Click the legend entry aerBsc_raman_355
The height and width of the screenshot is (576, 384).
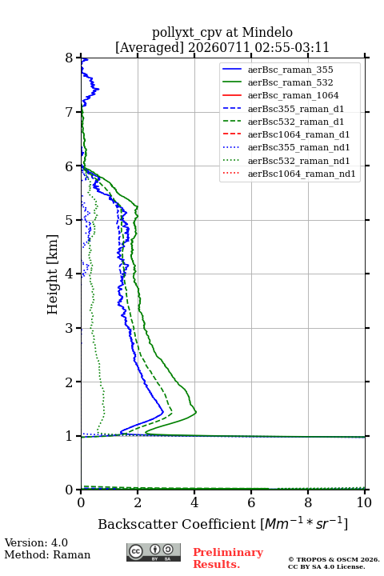coord(290,70)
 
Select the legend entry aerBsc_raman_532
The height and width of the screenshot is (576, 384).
coord(290,82)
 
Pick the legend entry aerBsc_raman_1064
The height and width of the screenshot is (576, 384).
coord(294,95)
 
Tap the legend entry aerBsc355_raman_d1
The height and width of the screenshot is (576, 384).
coord(296,109)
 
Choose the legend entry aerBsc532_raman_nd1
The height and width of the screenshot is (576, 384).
coord(298,161)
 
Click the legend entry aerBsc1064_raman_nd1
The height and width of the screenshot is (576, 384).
coord(302,174)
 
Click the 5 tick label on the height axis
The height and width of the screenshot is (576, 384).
coord(70,220)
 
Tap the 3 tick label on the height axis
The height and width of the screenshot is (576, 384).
coord(70,328)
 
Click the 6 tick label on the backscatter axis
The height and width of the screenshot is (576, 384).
coord(251,502)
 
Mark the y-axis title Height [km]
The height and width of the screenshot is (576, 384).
coord(53,274)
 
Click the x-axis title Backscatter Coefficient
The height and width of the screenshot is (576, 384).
coord(176,524)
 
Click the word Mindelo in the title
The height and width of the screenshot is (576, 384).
coord(267,32)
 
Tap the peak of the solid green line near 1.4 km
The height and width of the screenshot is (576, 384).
coord(196,412)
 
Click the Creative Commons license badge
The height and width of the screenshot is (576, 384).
coord(154,552)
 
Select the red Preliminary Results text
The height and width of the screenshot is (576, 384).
coord(228,558)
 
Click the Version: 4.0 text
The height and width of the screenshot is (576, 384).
coord(36,542)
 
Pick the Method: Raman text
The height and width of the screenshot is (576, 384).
coord(47,554)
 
